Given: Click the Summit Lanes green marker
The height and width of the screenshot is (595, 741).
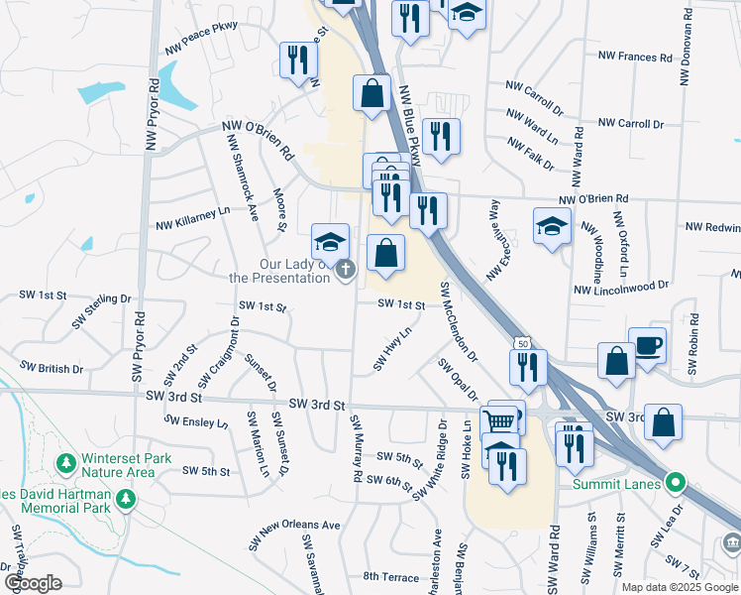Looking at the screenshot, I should [x=676, y=484].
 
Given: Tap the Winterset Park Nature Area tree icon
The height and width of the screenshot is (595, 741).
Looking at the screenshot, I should [x=65, y=463].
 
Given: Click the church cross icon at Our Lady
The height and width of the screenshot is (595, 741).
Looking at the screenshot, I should [x=345, y=269].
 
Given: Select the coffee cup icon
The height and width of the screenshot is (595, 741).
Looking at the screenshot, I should [x=647, y=346].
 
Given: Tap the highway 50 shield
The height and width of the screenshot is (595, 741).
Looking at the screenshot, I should [x=521, y=343].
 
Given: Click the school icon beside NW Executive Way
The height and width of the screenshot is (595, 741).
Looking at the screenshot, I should [x=552, y=227].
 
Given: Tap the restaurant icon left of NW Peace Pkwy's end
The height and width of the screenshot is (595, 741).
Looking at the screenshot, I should [x=295, y=60].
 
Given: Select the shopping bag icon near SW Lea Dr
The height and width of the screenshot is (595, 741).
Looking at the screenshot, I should [x=663, y=420].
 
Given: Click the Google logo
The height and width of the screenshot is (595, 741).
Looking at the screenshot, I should [x=33, y=582].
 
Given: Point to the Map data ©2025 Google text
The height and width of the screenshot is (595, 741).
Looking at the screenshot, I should [x=679, y=587].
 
